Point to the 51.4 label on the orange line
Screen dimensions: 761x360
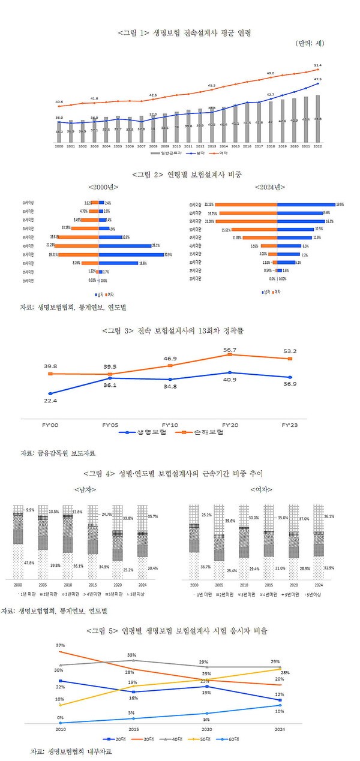click(317, 65)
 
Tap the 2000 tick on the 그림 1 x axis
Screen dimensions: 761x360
click(59, 146)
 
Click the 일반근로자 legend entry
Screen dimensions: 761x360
click(162, 154)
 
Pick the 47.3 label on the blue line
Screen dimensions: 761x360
click(317, 79)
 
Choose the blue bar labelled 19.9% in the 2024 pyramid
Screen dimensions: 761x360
click(306, 204)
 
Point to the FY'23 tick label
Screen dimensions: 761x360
click(290, 425)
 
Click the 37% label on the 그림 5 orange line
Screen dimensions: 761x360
click(60, 645)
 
